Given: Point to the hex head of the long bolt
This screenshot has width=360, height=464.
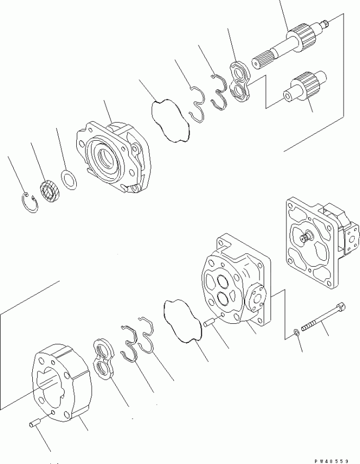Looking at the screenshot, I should click(341, 306).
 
